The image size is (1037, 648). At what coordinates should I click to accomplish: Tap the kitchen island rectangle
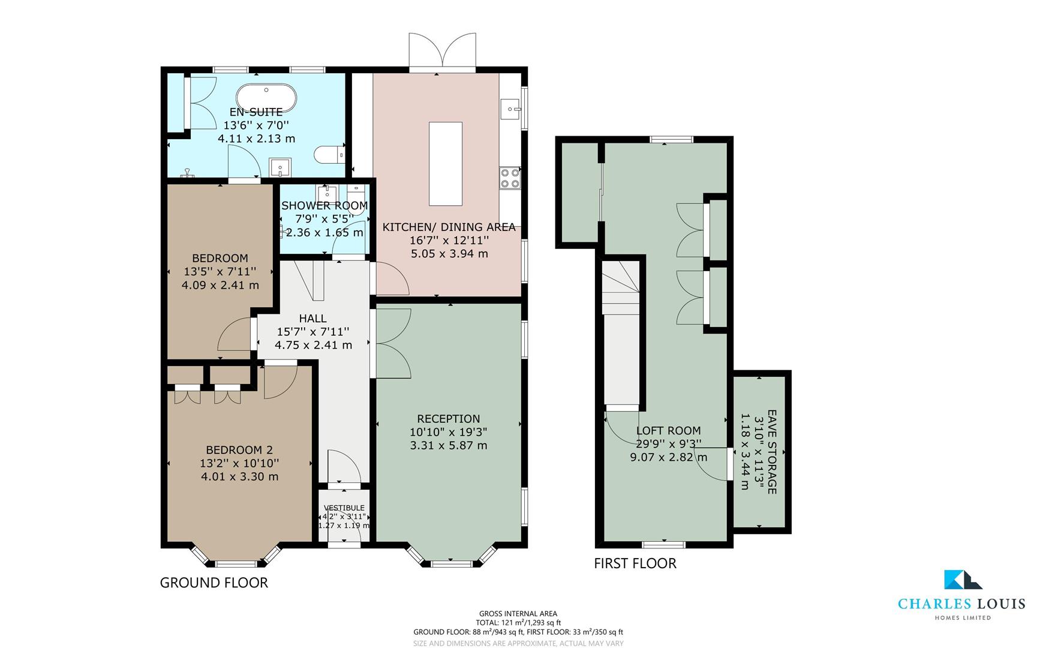446,163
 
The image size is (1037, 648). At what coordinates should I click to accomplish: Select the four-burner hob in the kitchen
510,178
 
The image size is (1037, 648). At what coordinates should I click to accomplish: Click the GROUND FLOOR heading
214,583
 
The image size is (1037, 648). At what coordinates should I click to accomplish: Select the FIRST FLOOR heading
635,563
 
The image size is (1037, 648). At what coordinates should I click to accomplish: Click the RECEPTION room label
449,419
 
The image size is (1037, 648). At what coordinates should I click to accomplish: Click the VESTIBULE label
344,508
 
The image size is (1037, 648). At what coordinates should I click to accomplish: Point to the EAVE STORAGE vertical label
772,452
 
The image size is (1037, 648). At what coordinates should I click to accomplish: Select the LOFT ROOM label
668,430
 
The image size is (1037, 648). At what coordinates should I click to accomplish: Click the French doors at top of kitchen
442,52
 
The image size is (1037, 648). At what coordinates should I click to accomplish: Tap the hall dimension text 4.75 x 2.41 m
313,345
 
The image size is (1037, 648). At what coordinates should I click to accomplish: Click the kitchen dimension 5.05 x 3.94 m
449,254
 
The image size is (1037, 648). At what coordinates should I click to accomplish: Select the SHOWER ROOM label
324,206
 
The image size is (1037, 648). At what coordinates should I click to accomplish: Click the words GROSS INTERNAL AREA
518,613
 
